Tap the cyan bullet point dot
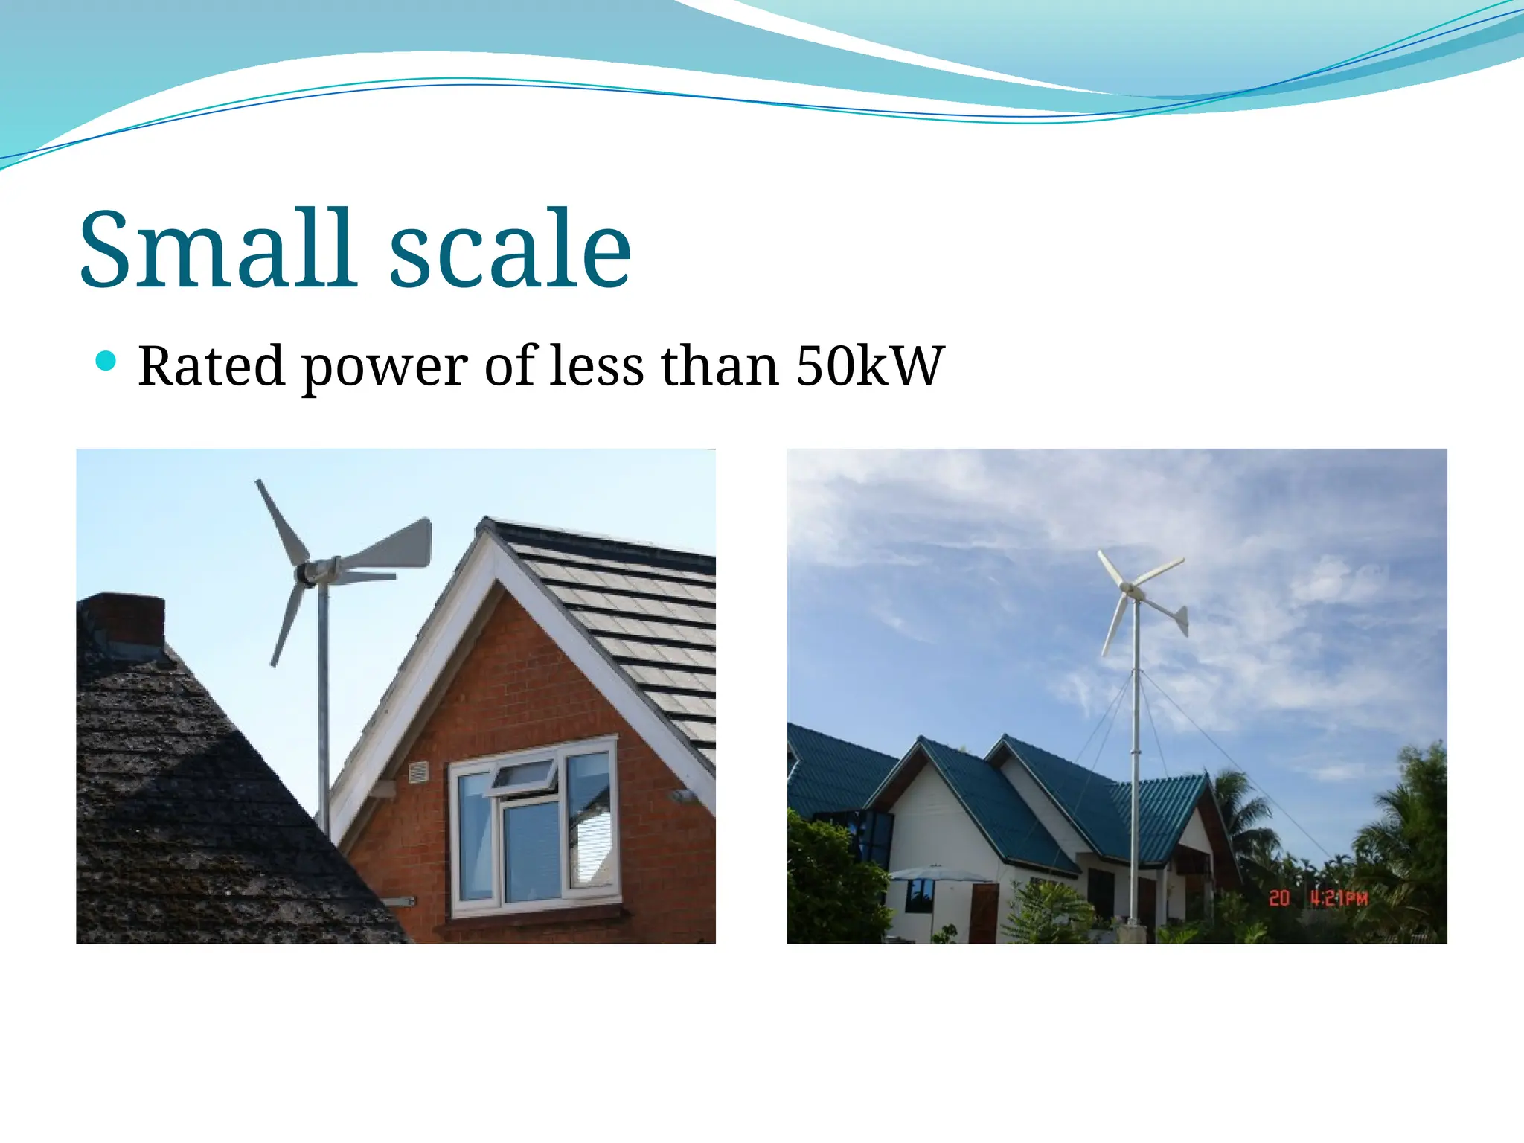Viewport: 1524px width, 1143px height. tap(106, 362)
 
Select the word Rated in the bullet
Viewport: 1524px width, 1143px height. tap(211, 366)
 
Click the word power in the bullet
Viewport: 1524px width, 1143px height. tap(385, 368)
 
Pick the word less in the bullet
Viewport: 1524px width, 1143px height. tap(596, 366)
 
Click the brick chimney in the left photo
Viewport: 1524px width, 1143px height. tap(123, 621)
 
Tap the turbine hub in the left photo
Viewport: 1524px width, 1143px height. tap(307, 573)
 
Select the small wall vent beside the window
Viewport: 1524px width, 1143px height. tap(420, 772)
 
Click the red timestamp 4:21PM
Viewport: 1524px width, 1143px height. tap(1339, 898)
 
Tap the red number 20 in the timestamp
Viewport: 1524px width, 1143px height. tap(1279, 898)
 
